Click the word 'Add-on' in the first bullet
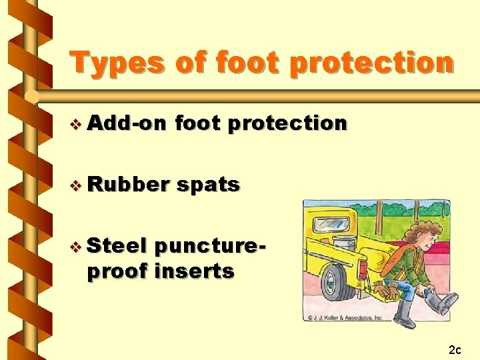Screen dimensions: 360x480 pos(127,123)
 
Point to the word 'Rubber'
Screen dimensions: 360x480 pos(127,184)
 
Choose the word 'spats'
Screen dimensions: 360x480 pos(209,184)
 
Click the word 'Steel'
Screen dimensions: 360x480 pos(116,246)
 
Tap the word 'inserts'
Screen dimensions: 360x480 pos(194,271)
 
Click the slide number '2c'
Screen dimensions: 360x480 pos(455,349)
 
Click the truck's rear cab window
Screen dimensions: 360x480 pos(329,224)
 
